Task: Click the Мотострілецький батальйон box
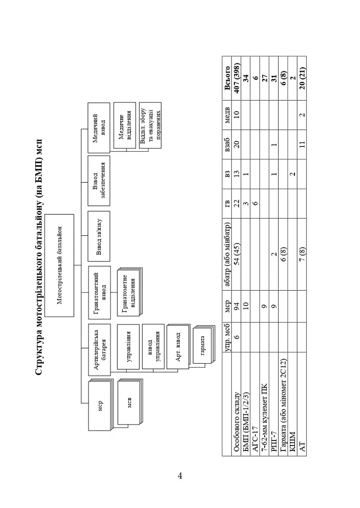pos(59,265)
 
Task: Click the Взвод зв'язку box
pos(99,236)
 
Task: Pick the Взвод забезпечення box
pos(99,181)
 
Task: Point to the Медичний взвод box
pos(99,127)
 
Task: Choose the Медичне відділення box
pos(124,127)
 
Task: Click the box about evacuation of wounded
pos(150,126)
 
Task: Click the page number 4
pos(180,476)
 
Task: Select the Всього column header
pos(227,78)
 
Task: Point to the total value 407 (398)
pos(237,78)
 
